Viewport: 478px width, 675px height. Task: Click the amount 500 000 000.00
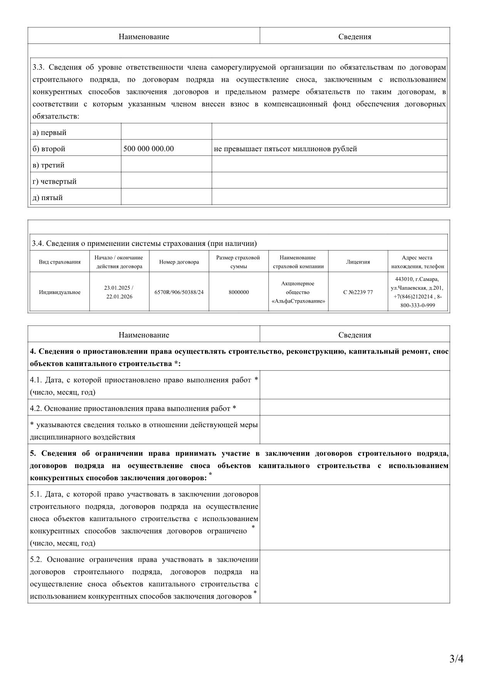pyautogui.click(x=148, y=149)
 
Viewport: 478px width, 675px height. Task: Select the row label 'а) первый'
pyautogui.click(x=49, y=133)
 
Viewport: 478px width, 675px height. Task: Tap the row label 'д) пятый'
pyautogui.click(x=47, y=198)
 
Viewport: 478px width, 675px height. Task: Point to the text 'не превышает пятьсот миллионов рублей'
pyautogui.click(x=285, y=149)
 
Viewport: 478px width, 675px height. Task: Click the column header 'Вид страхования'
pyautogui.click(x=60, y=262)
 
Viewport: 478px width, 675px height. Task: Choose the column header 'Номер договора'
pyautogui.click(x=179, y=262)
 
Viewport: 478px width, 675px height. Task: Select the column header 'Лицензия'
pyautogui.click(x=358, y=262)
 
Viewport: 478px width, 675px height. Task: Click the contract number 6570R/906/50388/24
pyautogui.click(x=179, y=292)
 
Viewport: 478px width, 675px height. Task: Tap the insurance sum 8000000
pyautogui.click(x=238, y=292)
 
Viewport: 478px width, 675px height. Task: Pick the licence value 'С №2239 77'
pyautogui.click(x=358, y=292)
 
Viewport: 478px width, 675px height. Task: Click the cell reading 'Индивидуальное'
pyautogui.click(x=60, y=292)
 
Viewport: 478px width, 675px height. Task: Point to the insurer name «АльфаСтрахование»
pyautogui.click(x=298, y=301)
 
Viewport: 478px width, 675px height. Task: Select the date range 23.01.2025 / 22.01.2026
pyautogui.click(x=119, y=292)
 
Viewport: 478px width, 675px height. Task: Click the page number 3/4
pyautogui.click(x=456, y=659)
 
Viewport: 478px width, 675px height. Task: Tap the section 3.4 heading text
pyautogui.click(x=144, y=244)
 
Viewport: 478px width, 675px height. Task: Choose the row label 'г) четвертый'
pyautogui.click(x=54, y=182)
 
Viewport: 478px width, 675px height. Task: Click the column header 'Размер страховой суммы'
pyautogui.click(x=238, y=262)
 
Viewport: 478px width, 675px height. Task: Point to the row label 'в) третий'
pyautogui.click(x=48, y=165)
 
